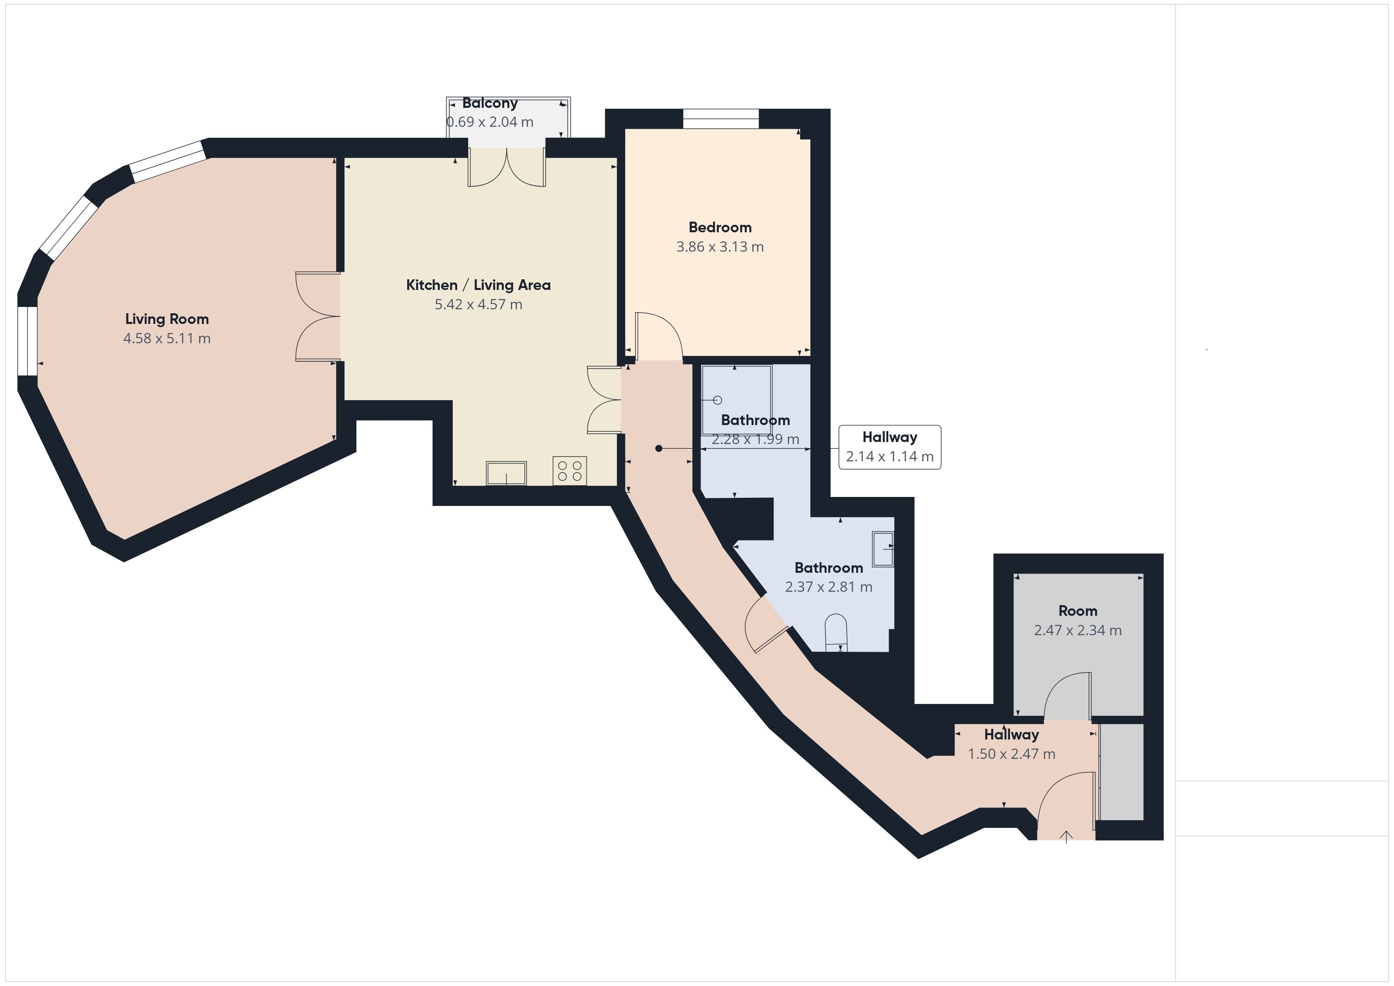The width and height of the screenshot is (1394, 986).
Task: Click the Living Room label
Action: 167,319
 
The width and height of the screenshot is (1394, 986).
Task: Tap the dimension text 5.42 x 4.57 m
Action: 478,304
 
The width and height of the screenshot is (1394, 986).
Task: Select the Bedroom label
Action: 720,227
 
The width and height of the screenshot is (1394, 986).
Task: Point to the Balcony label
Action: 490,103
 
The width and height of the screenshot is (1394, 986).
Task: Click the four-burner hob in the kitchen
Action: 569,470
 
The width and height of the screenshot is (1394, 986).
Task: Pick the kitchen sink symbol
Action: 507,473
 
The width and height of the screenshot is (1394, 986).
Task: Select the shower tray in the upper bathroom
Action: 737,399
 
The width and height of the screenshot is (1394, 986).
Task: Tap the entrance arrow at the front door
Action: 1066,837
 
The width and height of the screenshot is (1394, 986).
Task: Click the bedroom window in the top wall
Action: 721,119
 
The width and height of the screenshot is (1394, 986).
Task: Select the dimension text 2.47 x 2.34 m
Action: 1078,630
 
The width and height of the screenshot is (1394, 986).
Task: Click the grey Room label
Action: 1078,611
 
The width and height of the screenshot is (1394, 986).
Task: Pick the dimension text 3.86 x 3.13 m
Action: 720,246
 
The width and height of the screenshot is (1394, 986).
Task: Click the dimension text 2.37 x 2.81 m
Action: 829,587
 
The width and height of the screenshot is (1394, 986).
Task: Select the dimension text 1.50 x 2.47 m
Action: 1012,754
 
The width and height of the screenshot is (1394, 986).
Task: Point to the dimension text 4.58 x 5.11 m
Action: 167,338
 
